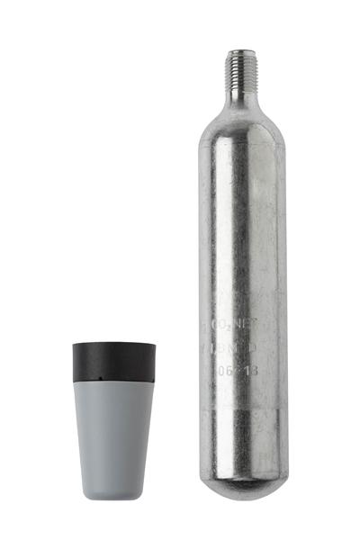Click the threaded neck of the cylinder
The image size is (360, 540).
pyautogui.click(x=236, y=67)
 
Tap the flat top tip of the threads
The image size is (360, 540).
pyautogui.click(x=236, y=51)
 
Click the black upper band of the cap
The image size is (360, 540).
pyautogui.click(x=113, y=361)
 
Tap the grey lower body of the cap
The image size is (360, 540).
pyautogui.click(x=113, y=432)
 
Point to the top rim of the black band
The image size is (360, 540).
pyautogui.click(x=113, y=344)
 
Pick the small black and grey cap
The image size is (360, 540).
pyautogui.click(x=113, y=418)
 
